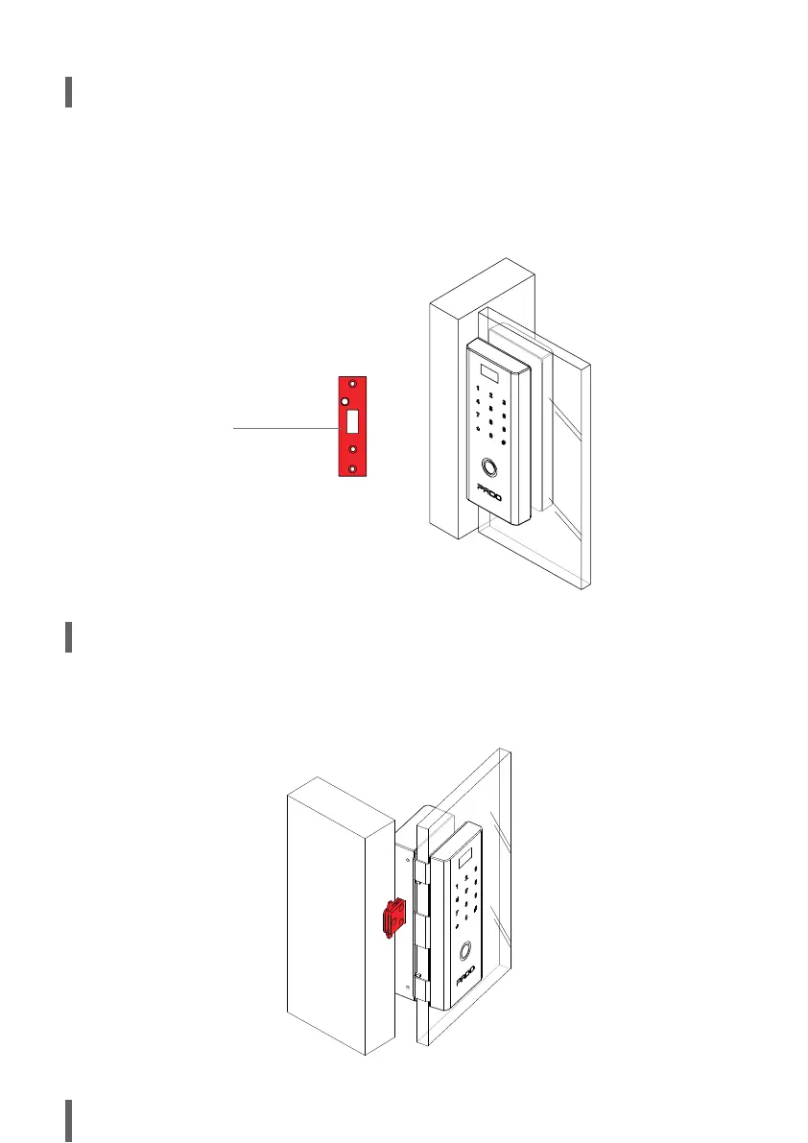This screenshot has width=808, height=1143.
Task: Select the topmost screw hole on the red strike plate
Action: pos(353,384)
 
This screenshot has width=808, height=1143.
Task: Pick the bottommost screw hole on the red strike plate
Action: pos(353,467)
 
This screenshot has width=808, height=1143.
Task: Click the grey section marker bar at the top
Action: pos(69,92)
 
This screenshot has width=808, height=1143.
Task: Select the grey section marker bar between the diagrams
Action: pos(69,637)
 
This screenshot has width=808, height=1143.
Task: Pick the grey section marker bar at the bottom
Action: pos(69,1121)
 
